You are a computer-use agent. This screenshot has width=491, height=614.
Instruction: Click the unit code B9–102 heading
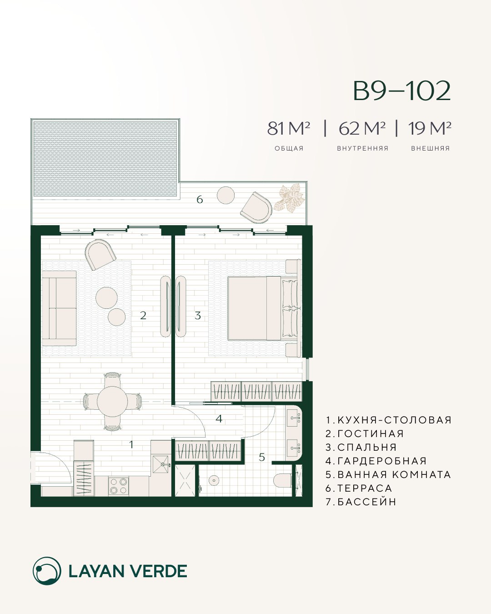click(x=402, y=91)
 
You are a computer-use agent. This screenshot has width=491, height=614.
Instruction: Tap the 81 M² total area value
click(x=288, y=128)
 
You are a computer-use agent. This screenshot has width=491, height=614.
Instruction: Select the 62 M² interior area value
click(x=362, y=128)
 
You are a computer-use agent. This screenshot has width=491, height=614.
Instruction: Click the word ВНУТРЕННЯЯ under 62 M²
click(x=363, y=148)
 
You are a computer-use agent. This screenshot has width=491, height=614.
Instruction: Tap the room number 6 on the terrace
click(x=200, y=199)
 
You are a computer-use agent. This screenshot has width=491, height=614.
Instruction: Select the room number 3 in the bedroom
click(x=198, y=316)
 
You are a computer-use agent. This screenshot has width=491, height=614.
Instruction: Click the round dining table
click(x=112, y=402)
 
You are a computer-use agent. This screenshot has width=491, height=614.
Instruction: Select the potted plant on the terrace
click(x=289, y=199)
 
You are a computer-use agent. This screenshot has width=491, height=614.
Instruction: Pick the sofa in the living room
click(x=60, y=308)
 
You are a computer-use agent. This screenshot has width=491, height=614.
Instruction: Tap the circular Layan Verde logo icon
click(x=47, y=571)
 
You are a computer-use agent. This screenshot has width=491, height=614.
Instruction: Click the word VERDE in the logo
click(x=162, y=571)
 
